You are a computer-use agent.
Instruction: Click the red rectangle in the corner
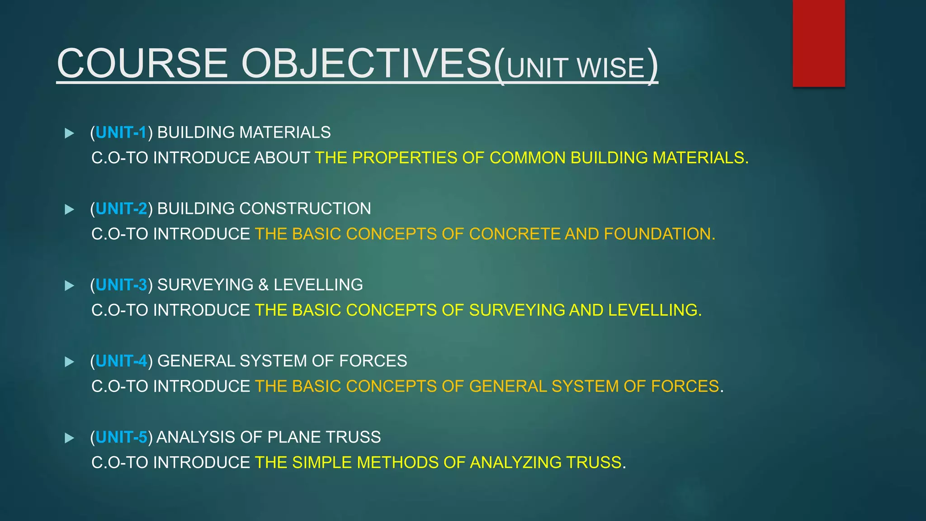pyautogui.click(x=818, y=43)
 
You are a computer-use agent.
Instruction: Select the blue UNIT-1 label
pyautogui.click(x=121, y=133)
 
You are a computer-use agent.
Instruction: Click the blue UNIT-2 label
pyautogui.click(x=121, y=208)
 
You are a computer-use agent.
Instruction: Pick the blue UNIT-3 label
pyautogui.click(x=121, y=285)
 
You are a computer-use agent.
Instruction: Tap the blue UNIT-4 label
pyautogui.click(x=121, y=361)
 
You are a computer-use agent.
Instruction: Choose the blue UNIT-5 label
pyautogui.click(x=121, y=437)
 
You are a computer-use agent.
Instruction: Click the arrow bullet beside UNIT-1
pyautogui.click(x=69, y=133)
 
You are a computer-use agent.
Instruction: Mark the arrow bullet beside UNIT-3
pyautogui.click(x=69, y=285)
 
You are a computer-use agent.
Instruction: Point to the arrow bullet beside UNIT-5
pyautogui.click(x=69, y=438)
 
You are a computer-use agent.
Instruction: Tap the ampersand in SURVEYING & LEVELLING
pyautogui.click(x=263, y=285)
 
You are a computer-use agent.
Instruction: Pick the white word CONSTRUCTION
pyautogui.click(x=305, y=208)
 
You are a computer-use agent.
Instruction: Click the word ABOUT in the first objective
pyautogui.click(x=282, y=158)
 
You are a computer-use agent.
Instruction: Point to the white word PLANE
pyautogui.click(x=294, y=437)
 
